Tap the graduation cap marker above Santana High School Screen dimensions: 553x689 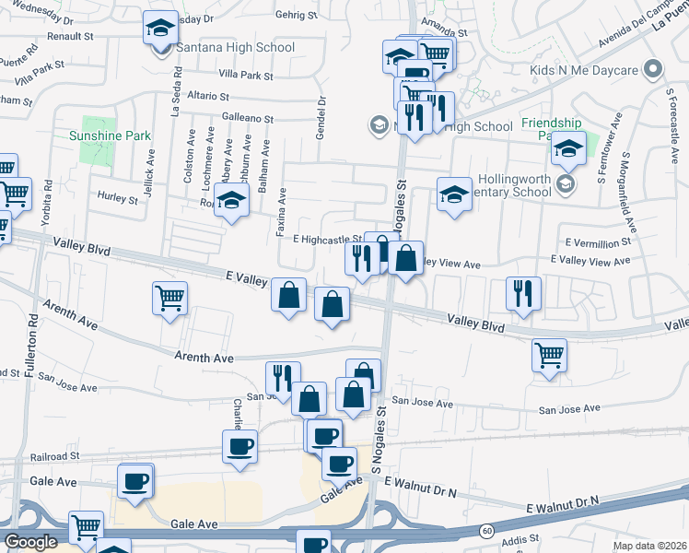160,29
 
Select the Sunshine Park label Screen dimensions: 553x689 110,135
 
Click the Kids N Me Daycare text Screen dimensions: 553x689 585,70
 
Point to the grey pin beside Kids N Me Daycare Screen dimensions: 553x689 653,69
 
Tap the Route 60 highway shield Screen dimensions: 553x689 485,532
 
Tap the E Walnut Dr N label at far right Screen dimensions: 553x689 562,504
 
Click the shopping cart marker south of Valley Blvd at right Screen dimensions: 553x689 550,356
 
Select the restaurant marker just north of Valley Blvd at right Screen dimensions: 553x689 523,295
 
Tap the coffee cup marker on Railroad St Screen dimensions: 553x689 239,447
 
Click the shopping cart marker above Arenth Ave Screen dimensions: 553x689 170,299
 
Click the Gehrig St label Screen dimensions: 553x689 297,16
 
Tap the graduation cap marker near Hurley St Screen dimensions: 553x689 232,200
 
